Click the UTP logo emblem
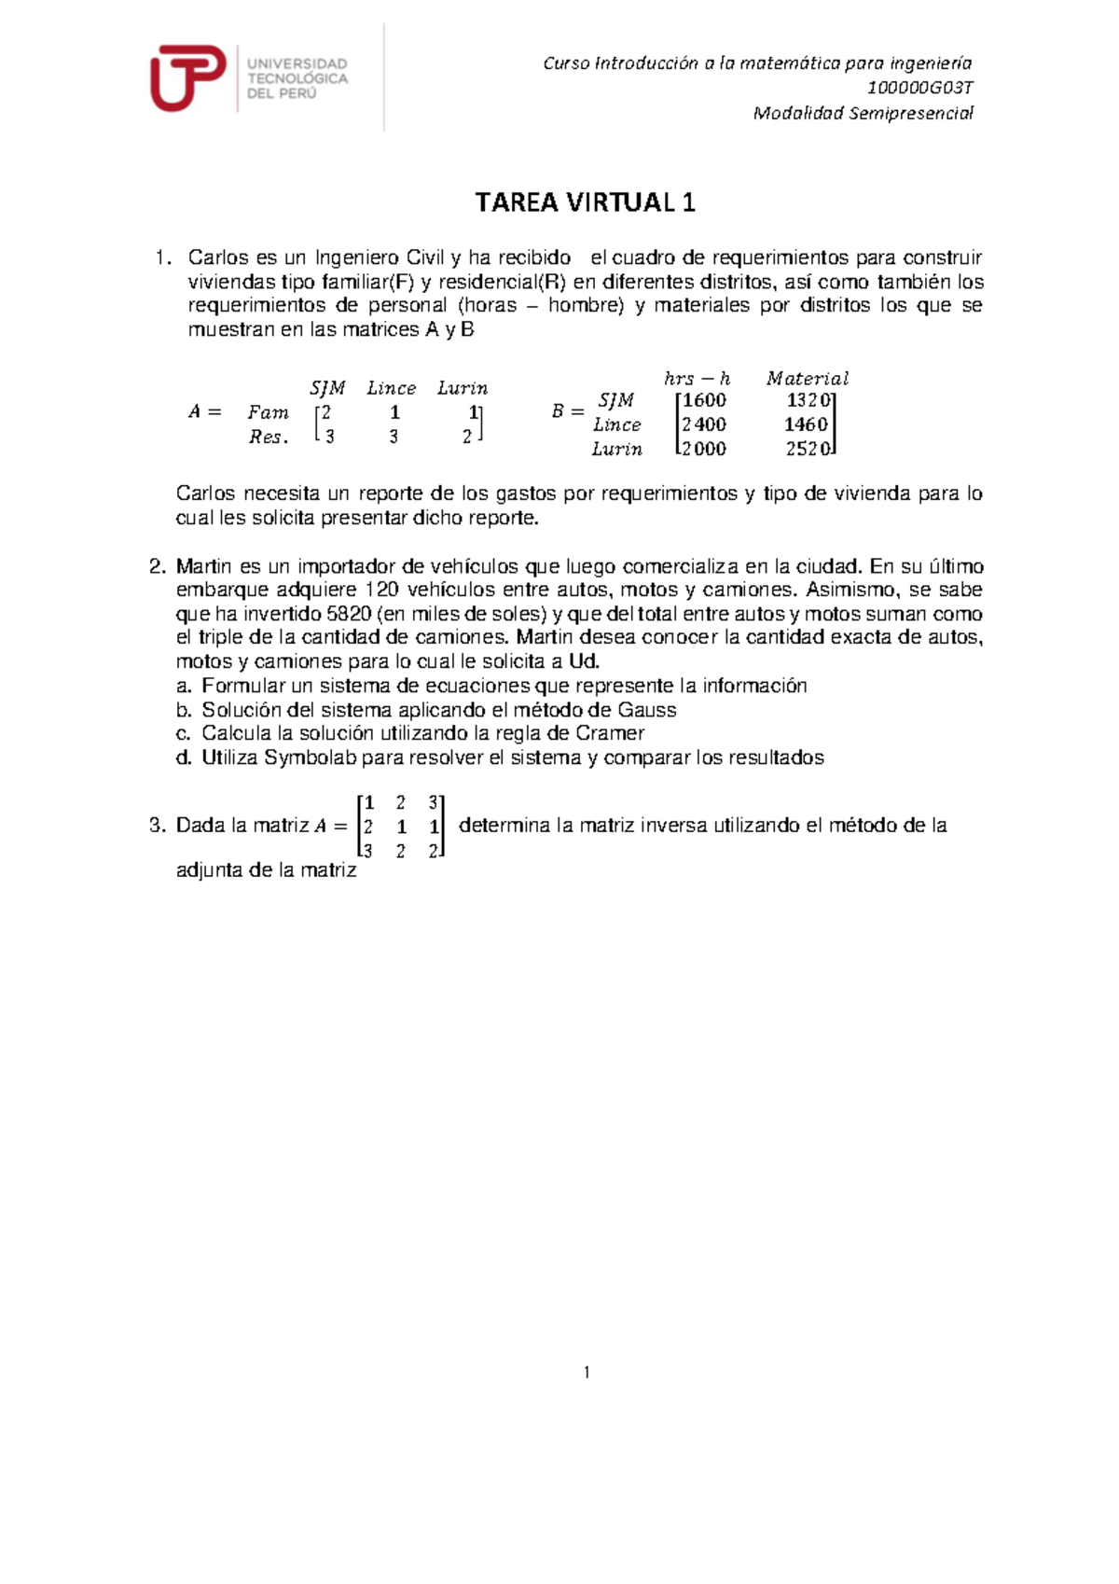point(187,77)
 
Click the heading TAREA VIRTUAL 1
point(586,202)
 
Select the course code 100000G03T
point(919,89)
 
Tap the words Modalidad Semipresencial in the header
point(863,114)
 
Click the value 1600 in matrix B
point(704,400)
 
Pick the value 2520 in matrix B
point(808,449)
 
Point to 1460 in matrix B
point(806,424)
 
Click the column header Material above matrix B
point(808,379)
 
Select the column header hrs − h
point(697,379)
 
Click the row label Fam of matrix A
point(268,412)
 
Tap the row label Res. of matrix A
point(269,437)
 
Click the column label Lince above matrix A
point(391,388)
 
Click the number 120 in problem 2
point(382,590)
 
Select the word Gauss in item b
point(647,710)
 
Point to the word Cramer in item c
point(610,733)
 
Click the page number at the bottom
point(587,1372)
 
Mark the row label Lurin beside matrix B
point(616,449)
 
